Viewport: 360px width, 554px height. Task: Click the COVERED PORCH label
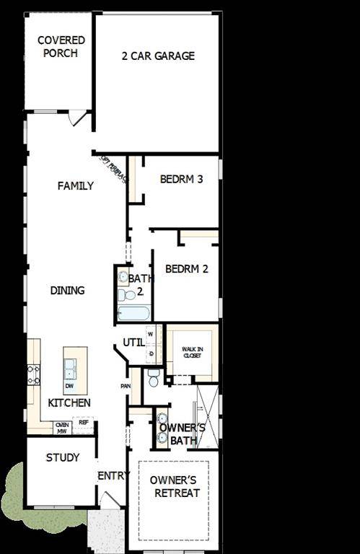61,47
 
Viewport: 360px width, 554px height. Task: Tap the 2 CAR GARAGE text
158,56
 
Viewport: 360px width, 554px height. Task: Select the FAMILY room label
76,185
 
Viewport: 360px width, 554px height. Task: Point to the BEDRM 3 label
181,179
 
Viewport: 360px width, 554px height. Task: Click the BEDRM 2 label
186,269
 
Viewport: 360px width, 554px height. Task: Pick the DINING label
67,290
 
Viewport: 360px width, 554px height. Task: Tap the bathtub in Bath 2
133,313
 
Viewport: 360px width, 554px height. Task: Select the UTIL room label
133,342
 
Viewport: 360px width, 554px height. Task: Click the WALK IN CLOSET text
192,352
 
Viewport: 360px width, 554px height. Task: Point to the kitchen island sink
71,369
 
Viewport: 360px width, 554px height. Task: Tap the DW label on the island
69,386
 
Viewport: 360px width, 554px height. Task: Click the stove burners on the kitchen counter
33,374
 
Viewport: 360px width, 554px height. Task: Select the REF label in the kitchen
83,423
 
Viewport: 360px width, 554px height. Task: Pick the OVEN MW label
62,428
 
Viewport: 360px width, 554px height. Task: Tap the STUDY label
63,457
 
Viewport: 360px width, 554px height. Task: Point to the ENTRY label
113,475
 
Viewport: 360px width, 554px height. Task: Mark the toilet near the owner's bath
153,376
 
